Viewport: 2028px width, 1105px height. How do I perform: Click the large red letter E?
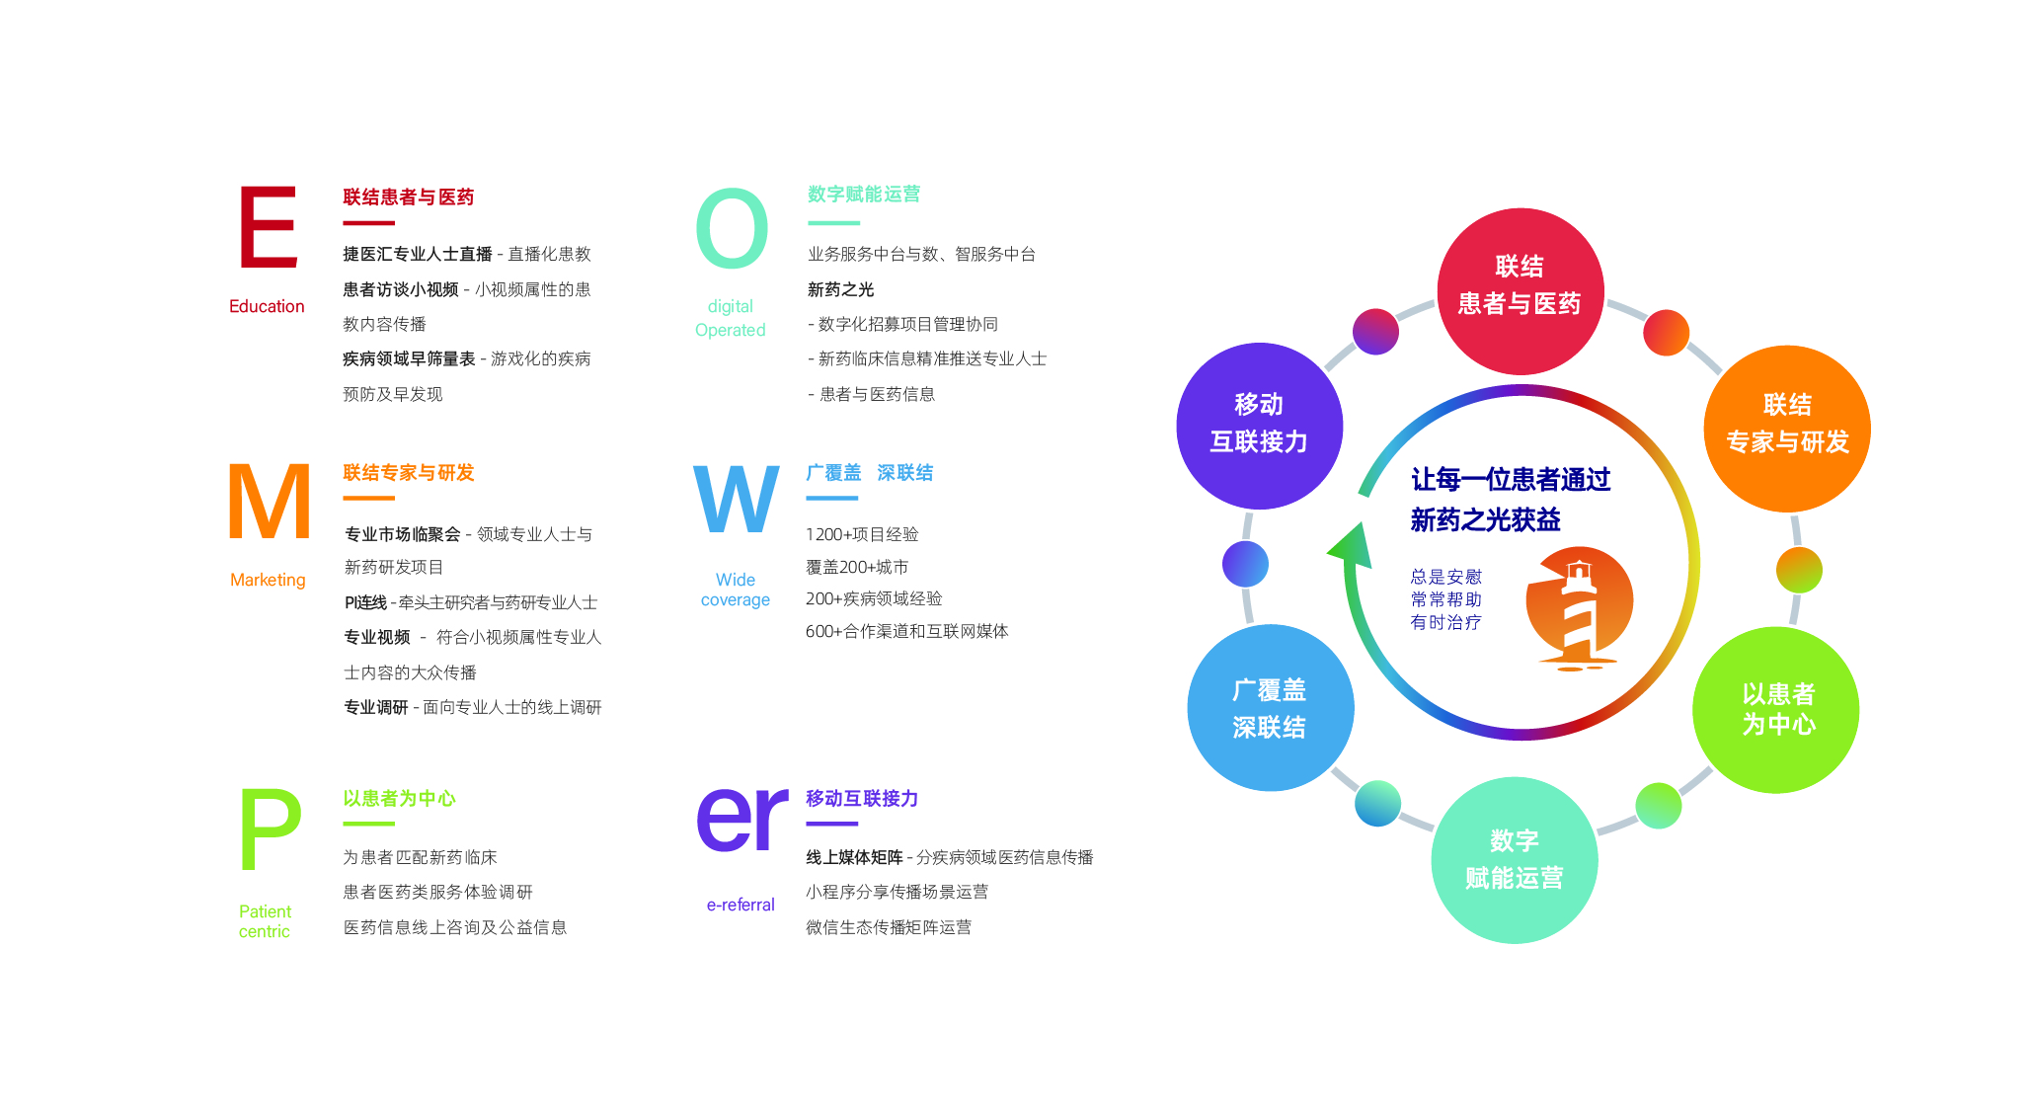click(x=269, y=226)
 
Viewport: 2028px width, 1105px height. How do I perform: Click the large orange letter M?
click(x=269, y=501)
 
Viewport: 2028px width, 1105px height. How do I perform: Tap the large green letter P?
click(x=271, y=829)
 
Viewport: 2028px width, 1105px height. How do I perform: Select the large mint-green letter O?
click(x=732, y=228)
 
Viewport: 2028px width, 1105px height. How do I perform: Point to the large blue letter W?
click(x=737, y=499)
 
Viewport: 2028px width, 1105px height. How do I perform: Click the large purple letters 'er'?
click(x=742, y=819)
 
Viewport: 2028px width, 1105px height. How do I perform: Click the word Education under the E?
click(x=267, y=306)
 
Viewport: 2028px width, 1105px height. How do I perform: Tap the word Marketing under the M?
click(x=268, y=580)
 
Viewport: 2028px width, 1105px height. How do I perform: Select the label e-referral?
click(x=741, y=905)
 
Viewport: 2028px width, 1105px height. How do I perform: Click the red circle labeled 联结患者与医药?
click(x=1520, y=291)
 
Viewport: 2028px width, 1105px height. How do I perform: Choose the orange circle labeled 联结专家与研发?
click(x=1787, y=429)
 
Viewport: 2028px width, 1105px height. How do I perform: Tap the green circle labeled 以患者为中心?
click(x=1776, y=710)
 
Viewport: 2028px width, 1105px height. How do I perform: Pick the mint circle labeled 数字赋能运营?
click(x=1515, y=860)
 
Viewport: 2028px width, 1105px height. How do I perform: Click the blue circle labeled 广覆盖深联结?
click(x=1270, y=707)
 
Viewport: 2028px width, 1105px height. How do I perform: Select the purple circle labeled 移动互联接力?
click(x=1260, y=426)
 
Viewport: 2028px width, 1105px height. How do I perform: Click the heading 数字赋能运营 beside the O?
click(x=864, y=195)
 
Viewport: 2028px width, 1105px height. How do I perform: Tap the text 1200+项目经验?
click(x=862, y=534)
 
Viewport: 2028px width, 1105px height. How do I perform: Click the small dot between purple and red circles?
click(x=1375, y=332)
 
